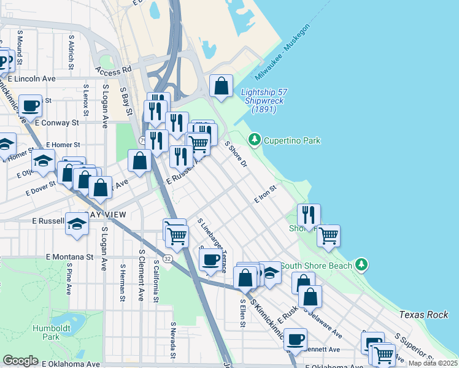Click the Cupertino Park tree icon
click(255, 140)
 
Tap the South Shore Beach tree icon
click(362, 265)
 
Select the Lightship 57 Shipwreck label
click(264, 101)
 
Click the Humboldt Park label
click(59, 332)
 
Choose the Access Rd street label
click(114, 71)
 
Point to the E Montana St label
click(69, 257)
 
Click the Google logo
click(20, 360)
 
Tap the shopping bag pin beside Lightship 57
click(221, 86)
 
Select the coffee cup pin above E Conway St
click(30, 106)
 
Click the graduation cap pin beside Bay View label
click(77, 224)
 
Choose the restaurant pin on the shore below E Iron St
click(309, 215)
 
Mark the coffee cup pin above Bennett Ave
click(295, 339)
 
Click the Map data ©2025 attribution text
click(433, 363)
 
